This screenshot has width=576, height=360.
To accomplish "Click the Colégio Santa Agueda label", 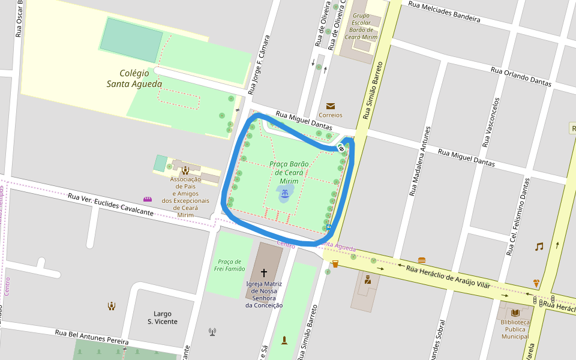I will click(x=134, y=79).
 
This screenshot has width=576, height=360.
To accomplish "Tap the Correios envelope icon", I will click(x=331, y=106).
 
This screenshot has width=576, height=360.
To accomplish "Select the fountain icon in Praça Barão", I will click(x=285, y=193).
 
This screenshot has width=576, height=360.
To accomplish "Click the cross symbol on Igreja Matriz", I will click(x=264, y=272).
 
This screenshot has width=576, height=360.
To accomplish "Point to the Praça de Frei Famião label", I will click(x=229, y=265).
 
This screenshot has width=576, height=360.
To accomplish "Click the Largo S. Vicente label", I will click(x=163, y=317).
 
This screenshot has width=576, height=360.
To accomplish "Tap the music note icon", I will click(x=539, y=246).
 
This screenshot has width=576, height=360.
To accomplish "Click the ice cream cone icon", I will click(x=536, y=283).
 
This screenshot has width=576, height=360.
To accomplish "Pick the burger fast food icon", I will click(x=422, y=260).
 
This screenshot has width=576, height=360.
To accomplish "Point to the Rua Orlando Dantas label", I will click(x=521, y=77).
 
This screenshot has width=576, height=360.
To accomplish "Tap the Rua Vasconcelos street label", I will click(x=491, y=122).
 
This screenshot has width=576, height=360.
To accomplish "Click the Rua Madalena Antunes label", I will click(x=420, y=161).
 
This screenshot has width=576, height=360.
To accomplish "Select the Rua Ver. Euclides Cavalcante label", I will click(x=110, y=205).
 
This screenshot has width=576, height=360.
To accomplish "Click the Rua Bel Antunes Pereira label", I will click(x=92, y=337).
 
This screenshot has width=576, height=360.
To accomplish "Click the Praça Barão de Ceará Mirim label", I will click(x=289, y=172).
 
